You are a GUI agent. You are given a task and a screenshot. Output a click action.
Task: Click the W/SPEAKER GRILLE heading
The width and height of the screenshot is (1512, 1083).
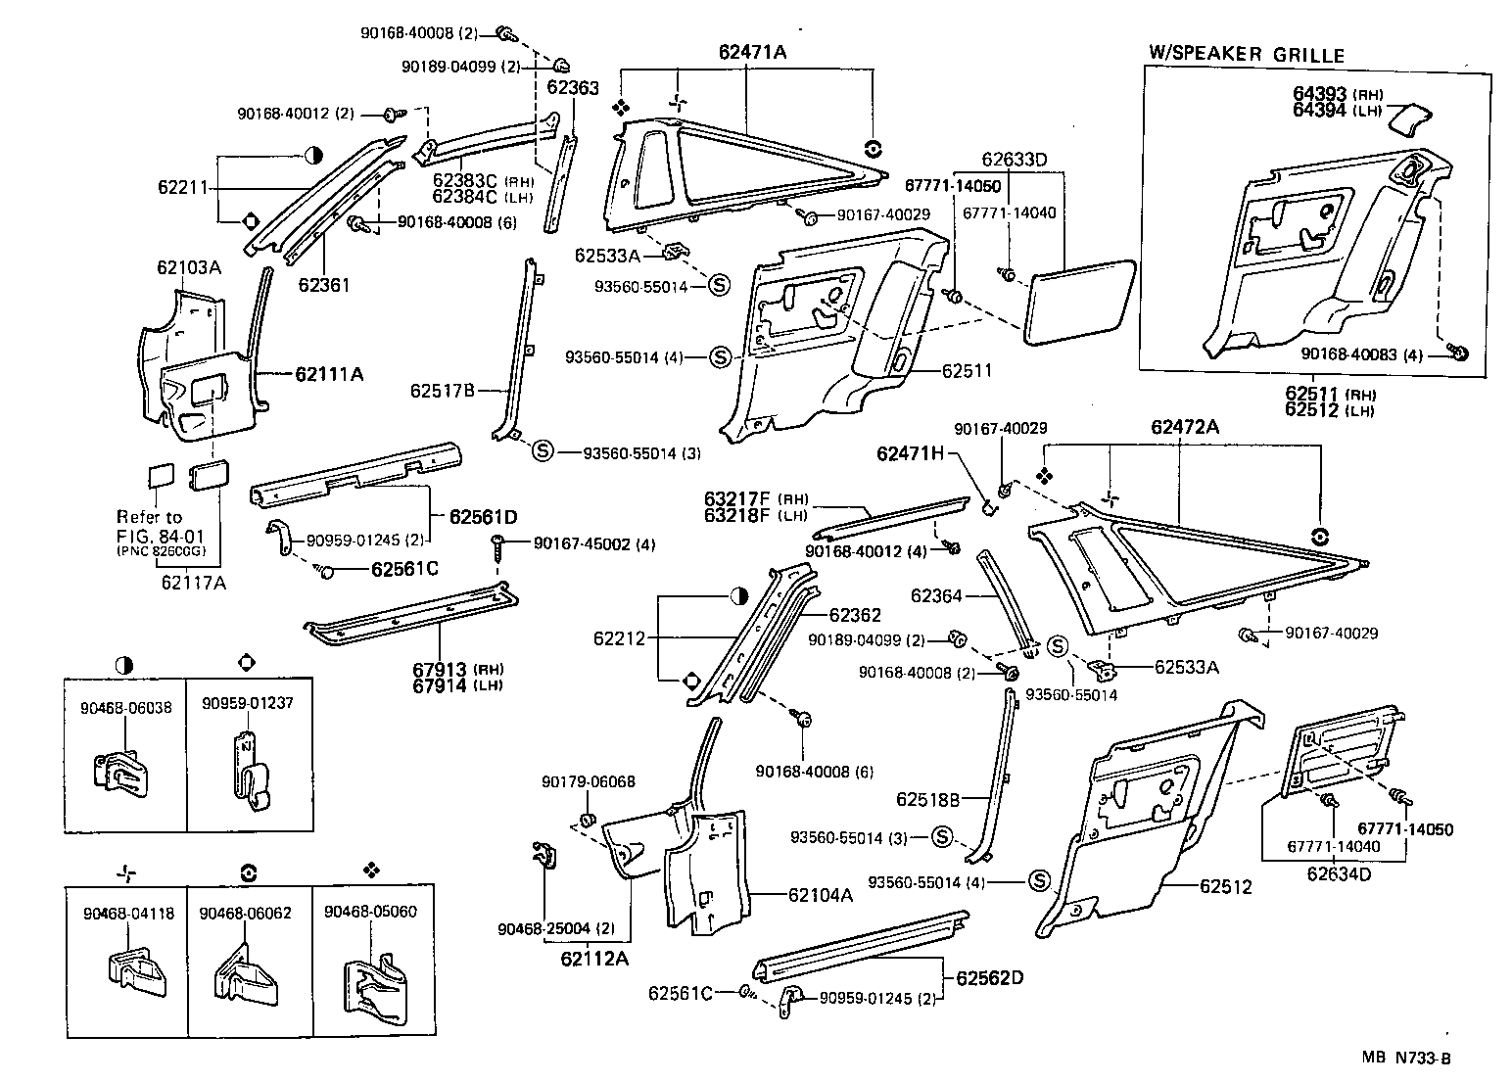point(1247,55)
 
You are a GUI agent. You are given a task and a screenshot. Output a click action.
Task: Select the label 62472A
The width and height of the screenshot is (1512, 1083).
point(1184,426)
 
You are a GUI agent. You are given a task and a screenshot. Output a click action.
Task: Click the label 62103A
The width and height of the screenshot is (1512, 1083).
point(189,267)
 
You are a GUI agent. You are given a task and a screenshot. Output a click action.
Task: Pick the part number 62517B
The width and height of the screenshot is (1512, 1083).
point(443,391)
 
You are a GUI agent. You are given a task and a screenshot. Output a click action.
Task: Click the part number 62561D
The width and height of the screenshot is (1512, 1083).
point(483,516)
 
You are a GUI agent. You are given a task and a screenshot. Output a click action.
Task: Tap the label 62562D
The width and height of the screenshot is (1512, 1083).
point(989,977)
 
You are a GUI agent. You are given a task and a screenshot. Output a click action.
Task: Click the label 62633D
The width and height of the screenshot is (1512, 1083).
point(1015,159)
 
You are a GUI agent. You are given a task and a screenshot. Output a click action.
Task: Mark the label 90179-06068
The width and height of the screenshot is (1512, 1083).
point(589,781)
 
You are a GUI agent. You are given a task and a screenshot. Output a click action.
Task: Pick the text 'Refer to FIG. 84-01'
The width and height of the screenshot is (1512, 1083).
point(149,524)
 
